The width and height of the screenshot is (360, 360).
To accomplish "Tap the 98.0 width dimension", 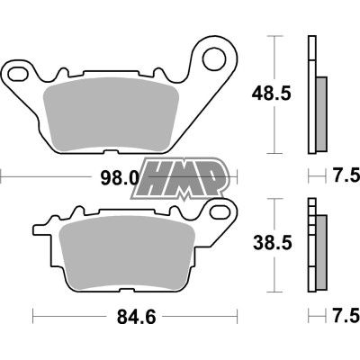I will coord(119,177).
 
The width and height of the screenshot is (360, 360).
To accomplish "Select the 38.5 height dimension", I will coord(268,242).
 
